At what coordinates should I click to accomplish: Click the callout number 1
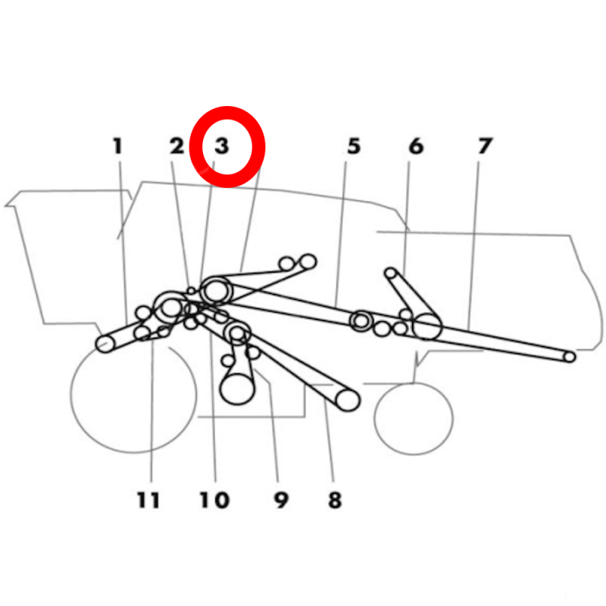tap(118, 146)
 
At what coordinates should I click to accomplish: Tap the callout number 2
tap(177, 146)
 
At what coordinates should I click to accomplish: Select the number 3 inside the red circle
tap(222, 146)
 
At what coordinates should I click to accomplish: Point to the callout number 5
tap(354, 146)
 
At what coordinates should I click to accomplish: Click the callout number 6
tap(416, 146)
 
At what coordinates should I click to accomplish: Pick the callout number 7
tap(485, 146)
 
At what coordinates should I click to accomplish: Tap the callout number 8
tap(335, 500)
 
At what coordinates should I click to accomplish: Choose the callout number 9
tap(281, 500)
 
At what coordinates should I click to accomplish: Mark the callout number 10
tap(214, 500)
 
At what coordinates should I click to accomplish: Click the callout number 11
tap(148, 500)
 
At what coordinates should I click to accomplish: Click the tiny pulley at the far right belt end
tap(570, 357)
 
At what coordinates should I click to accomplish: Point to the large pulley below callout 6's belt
tap(427, 326)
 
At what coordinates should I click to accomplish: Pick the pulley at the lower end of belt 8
tap(348, 400)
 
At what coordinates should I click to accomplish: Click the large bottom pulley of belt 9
tap(237, 389)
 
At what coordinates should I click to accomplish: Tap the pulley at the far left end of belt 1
tap(105, 344)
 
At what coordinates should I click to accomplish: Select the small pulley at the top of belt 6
tap(391, 273)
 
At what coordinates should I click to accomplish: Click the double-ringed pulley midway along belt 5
tap(361, 320)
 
